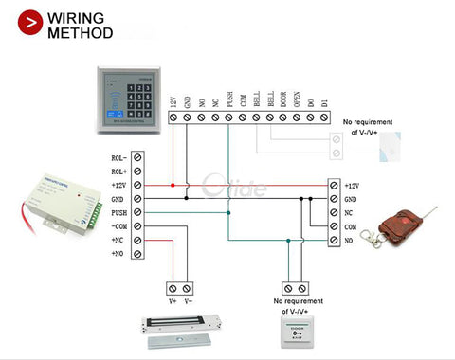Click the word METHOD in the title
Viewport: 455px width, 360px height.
(81, 33)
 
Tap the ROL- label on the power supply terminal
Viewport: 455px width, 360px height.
(118, 158)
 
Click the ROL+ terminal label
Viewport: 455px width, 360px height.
(118, 171)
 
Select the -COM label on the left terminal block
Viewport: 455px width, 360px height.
(118, 226)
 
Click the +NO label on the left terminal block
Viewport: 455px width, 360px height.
(118, 254)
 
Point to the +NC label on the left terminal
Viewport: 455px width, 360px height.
(118, 241)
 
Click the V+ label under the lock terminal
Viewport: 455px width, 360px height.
(173, 301)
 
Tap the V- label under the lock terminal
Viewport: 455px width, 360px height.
(188, 301)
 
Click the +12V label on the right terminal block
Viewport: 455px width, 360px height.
(352, 186)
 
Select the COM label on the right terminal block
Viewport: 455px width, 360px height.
(350, 227)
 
